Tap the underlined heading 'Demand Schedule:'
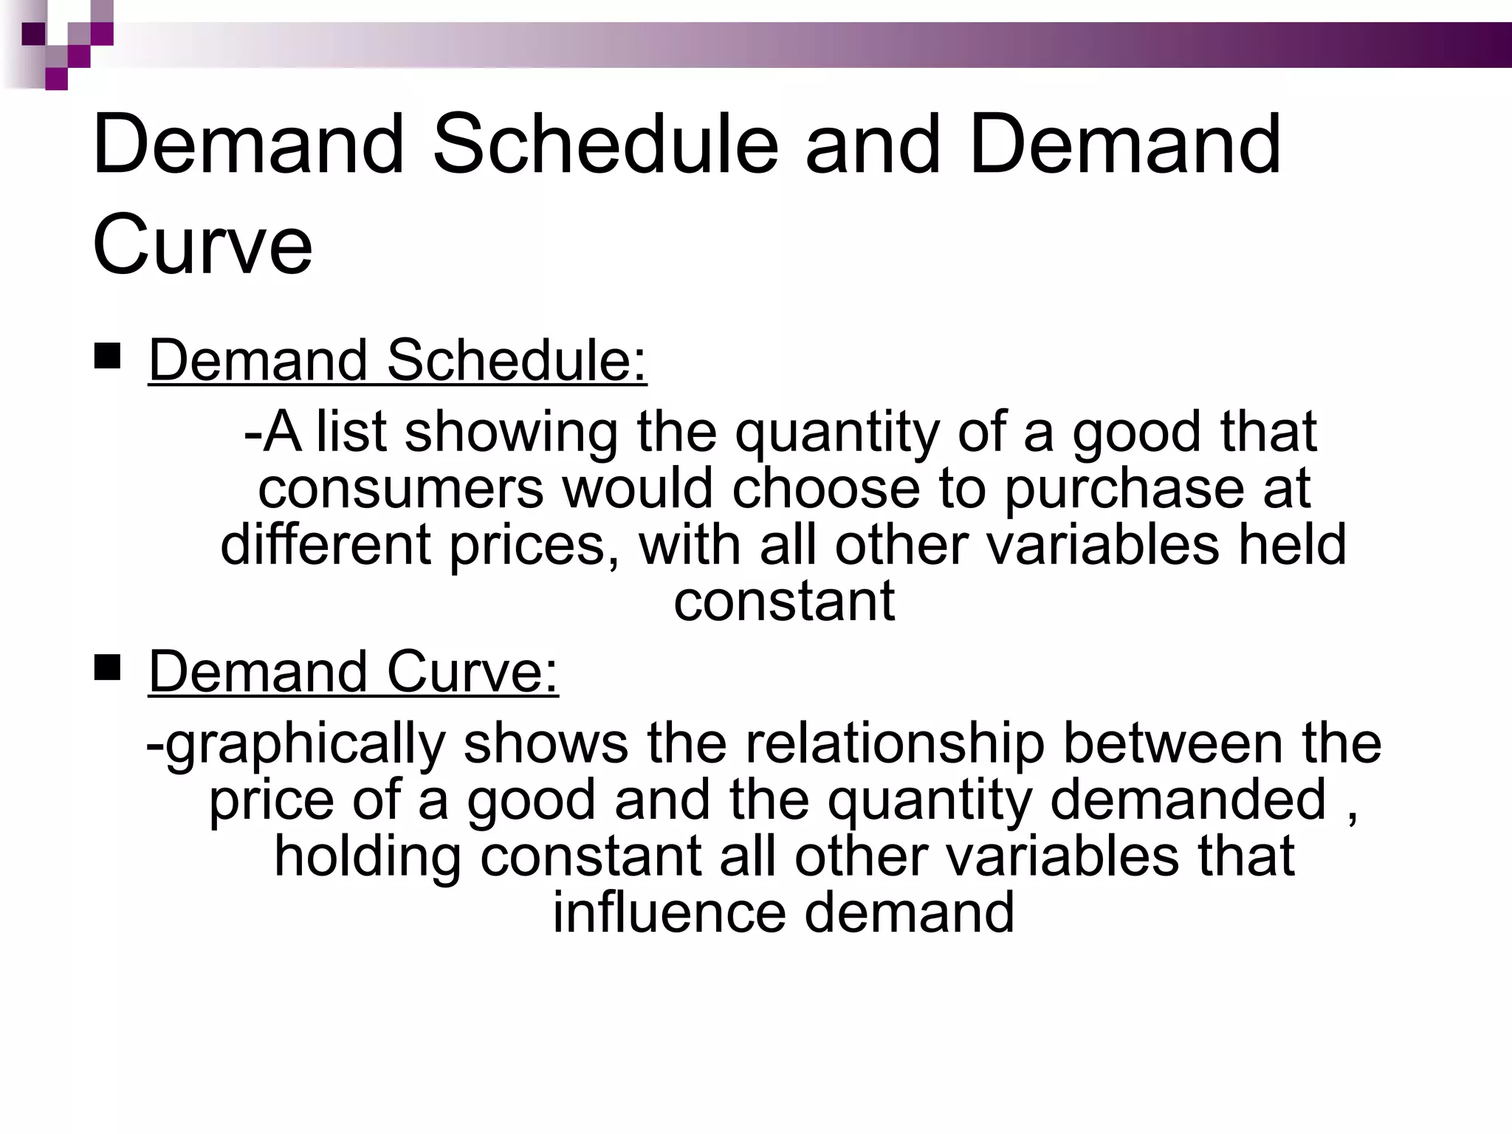coord(397,361)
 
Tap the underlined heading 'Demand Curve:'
coord(354,673)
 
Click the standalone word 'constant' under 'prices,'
coord(784,601)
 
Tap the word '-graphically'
coord(295,744)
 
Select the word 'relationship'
coord(895,744)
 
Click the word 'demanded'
coord(1188,800)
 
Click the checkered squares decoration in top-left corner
coord(66,44)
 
